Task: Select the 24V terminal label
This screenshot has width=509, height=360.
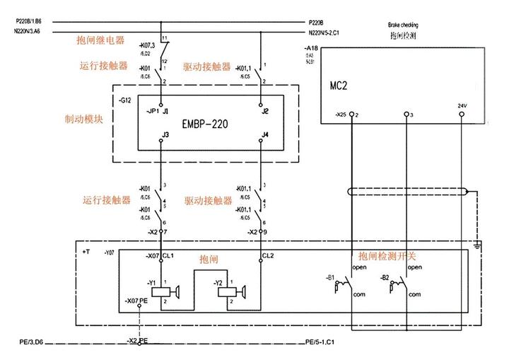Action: click(463, 107)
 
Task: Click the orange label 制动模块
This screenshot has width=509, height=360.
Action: click(84, 119)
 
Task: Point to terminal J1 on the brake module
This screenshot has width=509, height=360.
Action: click(165, 112)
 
